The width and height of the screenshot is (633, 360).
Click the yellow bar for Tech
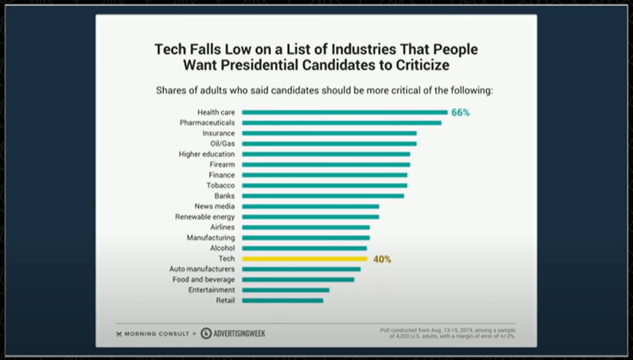coord(305,258)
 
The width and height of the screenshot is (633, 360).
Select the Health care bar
coord(345,111)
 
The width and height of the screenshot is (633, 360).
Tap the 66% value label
coord(461,112)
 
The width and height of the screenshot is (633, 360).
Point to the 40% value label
coord(382,259)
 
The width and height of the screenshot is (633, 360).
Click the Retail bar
coord(282,301)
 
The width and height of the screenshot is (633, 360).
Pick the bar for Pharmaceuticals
coord(342,122)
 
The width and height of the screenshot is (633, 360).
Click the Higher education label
coord(207,154)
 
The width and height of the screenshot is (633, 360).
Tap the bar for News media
coord(310,206)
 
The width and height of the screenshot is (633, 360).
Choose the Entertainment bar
coord(285,290)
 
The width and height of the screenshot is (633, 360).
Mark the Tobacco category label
coord(221,185)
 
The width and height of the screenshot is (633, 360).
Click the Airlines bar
coord(306,227)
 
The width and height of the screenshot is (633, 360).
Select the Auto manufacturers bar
coord(301,269)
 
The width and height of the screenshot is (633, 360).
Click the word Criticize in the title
coord(418,66)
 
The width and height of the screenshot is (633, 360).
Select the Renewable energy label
coord(205,216)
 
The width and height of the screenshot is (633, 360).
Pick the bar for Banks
coord(323,196)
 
